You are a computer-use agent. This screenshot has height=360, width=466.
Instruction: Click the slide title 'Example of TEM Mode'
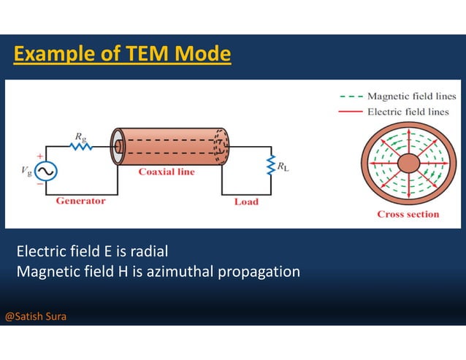point(122,54)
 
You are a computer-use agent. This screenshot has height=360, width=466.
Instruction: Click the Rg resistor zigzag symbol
point(80,146)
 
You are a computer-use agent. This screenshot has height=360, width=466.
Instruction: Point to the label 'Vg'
point(27,171)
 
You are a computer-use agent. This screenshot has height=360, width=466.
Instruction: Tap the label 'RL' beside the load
point(283,166)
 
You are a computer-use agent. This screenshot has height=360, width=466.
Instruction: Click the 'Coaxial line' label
point(167,172)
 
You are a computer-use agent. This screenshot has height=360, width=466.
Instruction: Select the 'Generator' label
point(80,201)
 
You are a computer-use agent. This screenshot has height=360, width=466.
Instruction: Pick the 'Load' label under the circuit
point(246,202)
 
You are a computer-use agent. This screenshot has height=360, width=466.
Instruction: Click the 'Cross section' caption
point(408,214)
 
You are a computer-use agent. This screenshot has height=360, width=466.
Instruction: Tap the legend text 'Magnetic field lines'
point(411,96)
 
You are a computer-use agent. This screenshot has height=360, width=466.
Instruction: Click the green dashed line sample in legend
point(351,96)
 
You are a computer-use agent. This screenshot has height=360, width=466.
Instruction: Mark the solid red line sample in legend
point(351,112)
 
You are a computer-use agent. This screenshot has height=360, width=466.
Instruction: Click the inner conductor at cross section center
point(408,163)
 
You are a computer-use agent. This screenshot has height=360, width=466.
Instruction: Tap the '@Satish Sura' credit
point(36,317)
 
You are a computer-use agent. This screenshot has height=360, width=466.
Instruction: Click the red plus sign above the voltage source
point(39,156)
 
